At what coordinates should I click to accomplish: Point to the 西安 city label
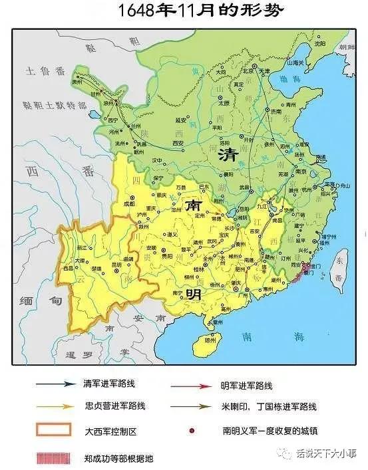pyautogui.click(x=178, y=143)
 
